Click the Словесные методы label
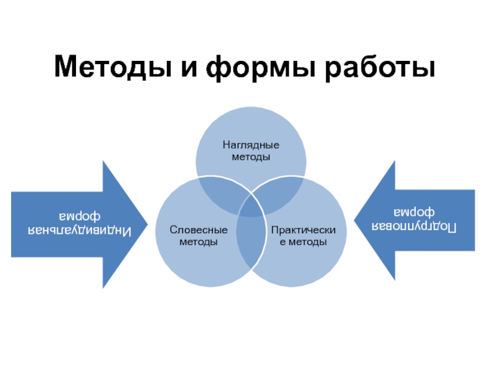(x=199, y=236)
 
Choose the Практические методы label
(x=303, y=236)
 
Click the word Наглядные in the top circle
(x=251, y=145)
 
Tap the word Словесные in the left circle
(x=199, y=231)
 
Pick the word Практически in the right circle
(x=303, y=231)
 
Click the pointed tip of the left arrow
(x=146, y=224)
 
